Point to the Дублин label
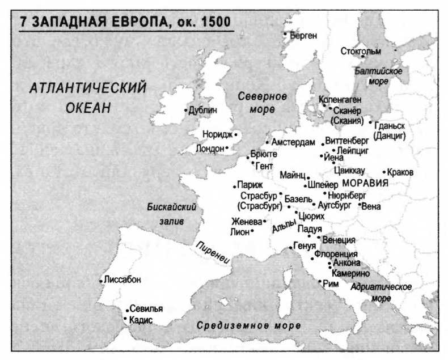coord(202,111)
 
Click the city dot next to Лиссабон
coord(100,281)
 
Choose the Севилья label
coord(146,310)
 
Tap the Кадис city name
coord(141,320)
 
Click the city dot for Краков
coord(384,172)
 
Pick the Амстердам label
coord(293,142)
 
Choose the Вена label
coord(371,206)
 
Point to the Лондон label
coord(209,149)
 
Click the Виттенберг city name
coord(347,140)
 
